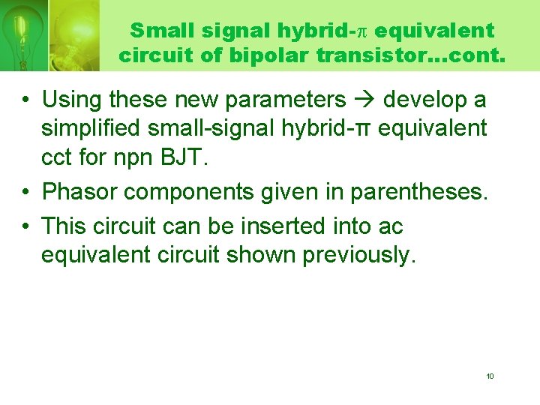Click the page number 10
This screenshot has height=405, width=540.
[x=490, y=376]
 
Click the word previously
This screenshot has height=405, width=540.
[x=358, y=255]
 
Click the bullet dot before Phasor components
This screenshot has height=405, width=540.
[x=26, y=192]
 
